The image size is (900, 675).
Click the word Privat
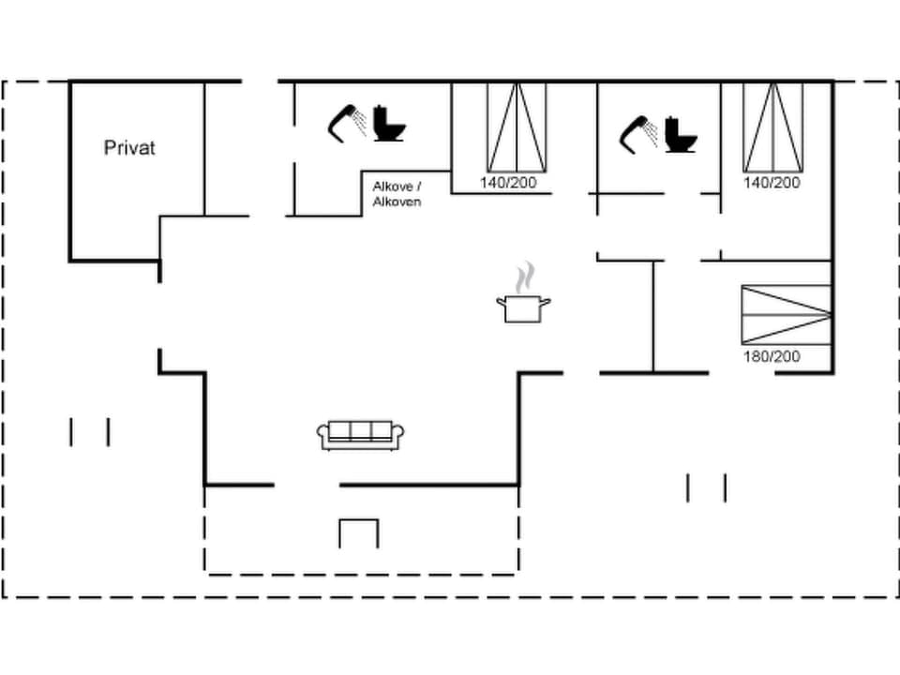click(129, 148)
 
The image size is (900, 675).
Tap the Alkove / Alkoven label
click(397, 194)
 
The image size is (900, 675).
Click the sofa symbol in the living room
click(361, 434)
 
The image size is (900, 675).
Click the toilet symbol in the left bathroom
click(388, 124)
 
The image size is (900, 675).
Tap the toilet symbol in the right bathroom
click(681, 135)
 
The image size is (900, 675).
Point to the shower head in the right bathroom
click(638, 133)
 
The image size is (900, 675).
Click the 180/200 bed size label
click(771, 356)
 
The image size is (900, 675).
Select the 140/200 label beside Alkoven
click(508, 183)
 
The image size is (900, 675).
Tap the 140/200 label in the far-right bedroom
click(772, 183)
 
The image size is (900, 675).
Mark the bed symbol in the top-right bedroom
click(772, 127)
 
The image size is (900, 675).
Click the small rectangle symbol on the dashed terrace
click(358, 532)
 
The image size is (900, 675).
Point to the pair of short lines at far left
click(90, 431)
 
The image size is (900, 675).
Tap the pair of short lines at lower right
click(706, 487)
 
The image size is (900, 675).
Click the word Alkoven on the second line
click(397, 202)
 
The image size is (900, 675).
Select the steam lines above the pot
click(526, 277)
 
